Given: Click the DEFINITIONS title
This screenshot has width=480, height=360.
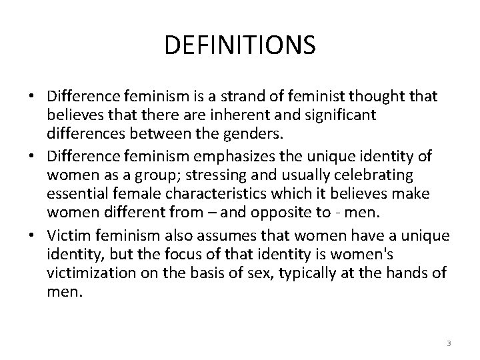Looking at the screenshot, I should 239,45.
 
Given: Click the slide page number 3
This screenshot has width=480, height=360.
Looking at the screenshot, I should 449,343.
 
